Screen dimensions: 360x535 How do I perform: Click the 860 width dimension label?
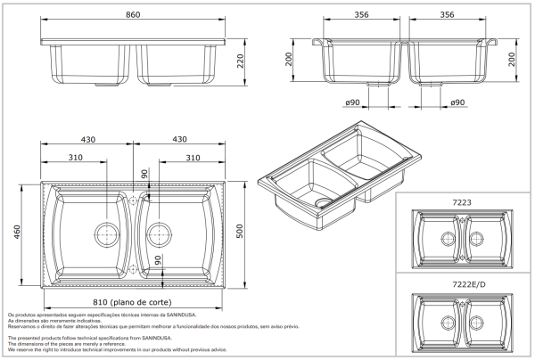click(133, 16)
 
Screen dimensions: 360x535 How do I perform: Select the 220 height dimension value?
click(240, 61)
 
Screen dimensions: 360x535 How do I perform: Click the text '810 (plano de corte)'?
click(132, 302)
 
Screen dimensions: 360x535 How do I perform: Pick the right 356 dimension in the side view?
click(448, 15)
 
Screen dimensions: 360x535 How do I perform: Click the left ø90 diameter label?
click(352, 103)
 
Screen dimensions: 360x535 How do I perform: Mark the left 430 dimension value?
click(88, 140)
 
